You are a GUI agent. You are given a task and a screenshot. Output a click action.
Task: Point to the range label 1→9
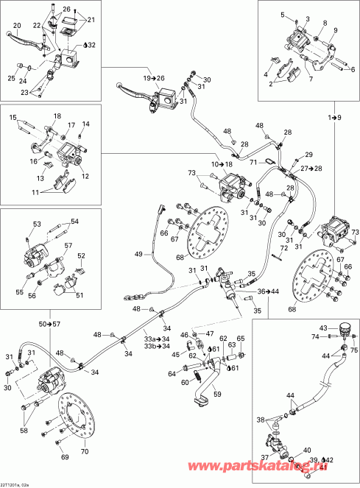334,118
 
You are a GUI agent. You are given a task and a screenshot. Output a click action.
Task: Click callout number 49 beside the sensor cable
138,254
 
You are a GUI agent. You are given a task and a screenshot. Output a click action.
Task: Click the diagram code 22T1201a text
16,483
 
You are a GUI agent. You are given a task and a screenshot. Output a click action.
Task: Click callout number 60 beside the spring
186,381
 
